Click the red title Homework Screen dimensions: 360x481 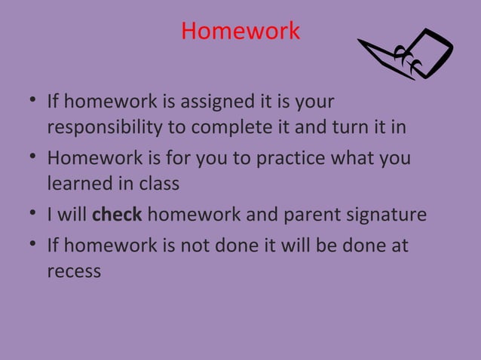click(x=240, y=32)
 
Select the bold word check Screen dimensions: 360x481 click(x=117, y=215)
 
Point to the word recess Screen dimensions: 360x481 click(x=74, y=271)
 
